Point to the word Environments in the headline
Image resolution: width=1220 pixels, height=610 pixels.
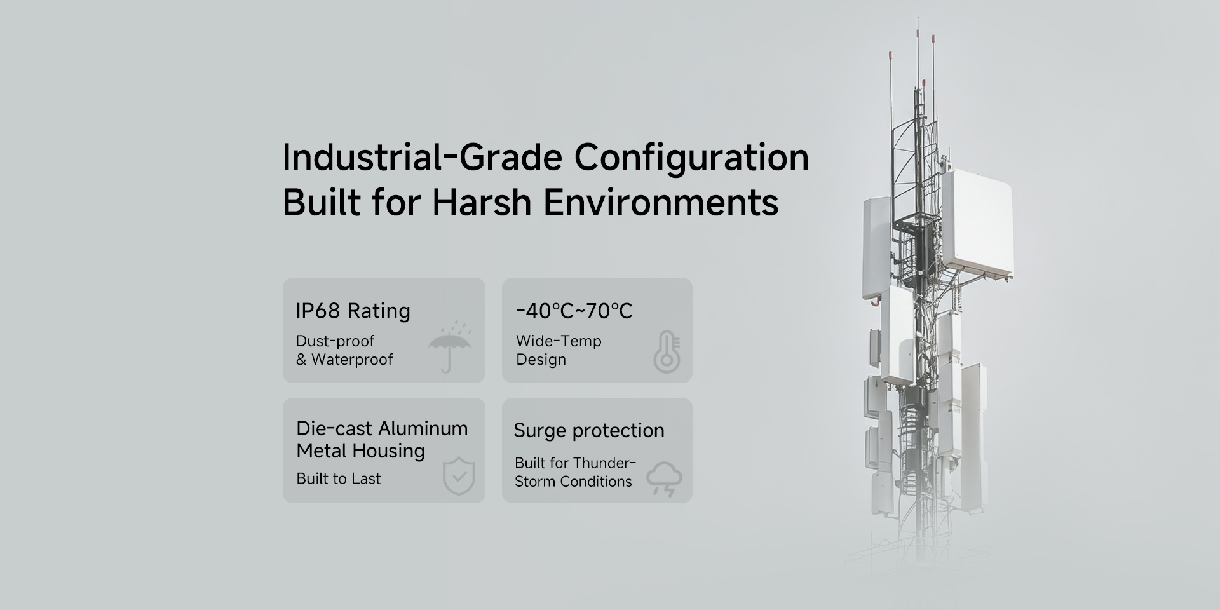click(x=661, y=203)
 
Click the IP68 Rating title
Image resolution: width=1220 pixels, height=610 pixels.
click(x=353, y=311)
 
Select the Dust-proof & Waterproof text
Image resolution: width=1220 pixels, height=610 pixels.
click(x=344, y=350)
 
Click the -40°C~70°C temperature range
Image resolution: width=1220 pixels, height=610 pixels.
click(x=574, y=311)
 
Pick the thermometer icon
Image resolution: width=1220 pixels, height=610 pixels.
click(x=667, y=351)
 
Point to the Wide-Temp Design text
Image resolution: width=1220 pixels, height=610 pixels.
click(x=559, y=350)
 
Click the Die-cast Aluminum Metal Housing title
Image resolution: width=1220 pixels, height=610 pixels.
click(x=382, y=439)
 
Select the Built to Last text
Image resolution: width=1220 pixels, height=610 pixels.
click(x=339, y=478)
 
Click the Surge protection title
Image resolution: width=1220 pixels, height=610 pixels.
click(x=589, y=431)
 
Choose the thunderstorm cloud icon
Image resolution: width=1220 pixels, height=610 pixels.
click(x=664, y=479)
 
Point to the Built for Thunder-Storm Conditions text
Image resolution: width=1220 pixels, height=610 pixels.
click(x=575, y=472)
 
